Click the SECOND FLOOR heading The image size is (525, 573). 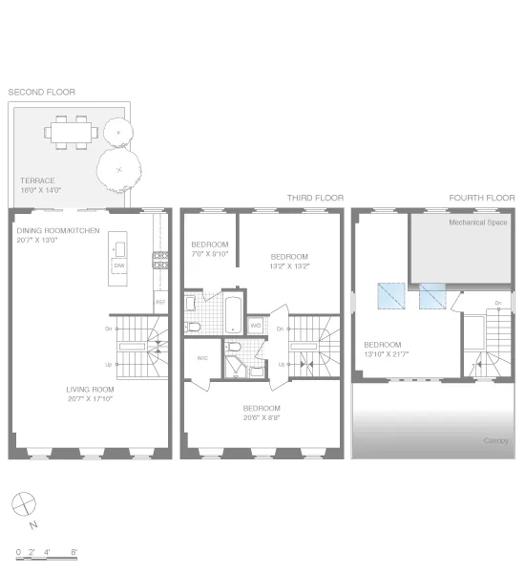(x=41, y=92)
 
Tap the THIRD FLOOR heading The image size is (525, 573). (x=315, y=198)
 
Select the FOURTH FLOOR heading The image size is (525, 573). (x=481, y=198)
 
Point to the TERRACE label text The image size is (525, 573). (x=37, y=180)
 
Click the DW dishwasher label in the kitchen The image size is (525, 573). (x=119, y=266)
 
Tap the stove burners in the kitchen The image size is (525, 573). (x=157, y=258)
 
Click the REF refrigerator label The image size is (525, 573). (x=158, y=304)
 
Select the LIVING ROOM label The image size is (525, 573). (x=90, y=390)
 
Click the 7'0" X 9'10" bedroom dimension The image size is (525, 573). (x=210, y=253)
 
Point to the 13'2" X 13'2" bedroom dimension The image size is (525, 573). (x=289, y=266)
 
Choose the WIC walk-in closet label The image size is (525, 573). (x=201, y=359)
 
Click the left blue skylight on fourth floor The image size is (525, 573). (x=390, y=296)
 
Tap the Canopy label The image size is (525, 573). (x=494, y=440)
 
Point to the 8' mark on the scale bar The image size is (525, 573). (x=74, y=552)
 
